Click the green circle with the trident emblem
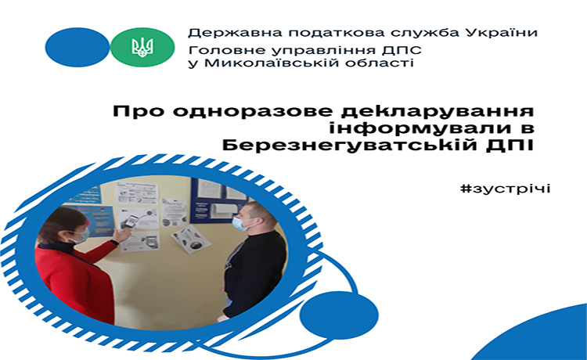142,47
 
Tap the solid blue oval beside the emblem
77,47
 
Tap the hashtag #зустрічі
506,189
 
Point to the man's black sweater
254,272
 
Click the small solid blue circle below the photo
339,314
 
